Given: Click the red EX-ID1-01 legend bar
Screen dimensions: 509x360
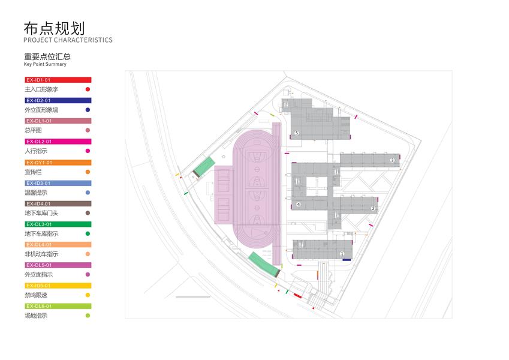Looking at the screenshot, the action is coord(58,80).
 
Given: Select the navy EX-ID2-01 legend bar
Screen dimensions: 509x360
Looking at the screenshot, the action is coord(58,100).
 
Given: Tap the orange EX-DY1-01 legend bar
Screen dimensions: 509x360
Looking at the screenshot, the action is coord(58,163).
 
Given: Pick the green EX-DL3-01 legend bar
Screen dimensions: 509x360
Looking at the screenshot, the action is coord(58,224).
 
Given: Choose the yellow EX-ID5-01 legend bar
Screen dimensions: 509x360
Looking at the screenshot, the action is coord(58,286).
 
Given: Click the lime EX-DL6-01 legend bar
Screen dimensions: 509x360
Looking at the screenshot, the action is coord(58,306).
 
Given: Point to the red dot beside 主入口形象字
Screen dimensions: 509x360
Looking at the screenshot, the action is coord(88,89).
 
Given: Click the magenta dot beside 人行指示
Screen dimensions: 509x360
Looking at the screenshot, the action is coord(88,151).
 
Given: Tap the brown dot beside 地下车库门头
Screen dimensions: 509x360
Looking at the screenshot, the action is coord(88,213).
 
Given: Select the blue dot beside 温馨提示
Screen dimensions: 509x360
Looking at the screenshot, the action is coord(88,193).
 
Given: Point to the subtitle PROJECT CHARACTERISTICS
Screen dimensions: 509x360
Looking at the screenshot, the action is coord(68,40).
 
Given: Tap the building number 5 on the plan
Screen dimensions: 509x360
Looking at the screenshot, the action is coord(296,132).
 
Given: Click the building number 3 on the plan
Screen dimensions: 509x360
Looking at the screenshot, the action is coord(392,160).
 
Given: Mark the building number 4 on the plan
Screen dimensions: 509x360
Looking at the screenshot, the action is coord(298,205).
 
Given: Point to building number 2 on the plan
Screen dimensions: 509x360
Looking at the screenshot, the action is coord(373,208).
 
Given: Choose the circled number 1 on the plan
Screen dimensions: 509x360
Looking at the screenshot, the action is coord(342,254).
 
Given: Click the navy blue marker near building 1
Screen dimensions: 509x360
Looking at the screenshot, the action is coord(347,259).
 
